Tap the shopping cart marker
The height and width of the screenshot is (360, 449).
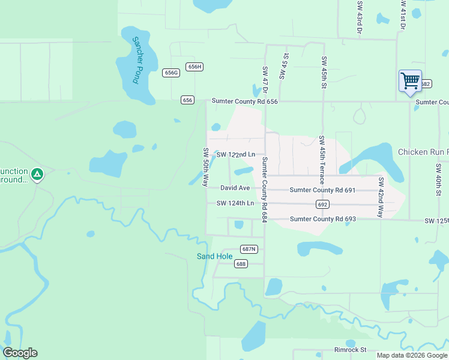[x=410, y=81]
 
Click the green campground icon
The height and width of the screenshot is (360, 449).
[x=37, y=175]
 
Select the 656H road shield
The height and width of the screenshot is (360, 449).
[x=194, y=67]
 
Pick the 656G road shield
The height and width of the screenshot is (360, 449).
[x=171, y=73]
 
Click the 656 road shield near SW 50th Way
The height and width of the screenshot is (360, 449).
[x=187, y=100]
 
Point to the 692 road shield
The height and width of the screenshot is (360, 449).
[x=322, y=204]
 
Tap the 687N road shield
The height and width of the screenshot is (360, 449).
[x=249, y=249]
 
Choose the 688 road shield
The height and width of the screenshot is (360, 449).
[x=241, y=264]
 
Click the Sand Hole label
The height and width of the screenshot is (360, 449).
[x=214, y=257]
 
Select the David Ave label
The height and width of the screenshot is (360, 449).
[x=235, y=188]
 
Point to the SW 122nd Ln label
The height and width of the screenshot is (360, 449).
[x=236, y=155]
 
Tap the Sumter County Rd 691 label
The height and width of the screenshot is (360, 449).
[x=322, y=190]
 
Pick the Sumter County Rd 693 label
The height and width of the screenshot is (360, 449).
[x=323, y=219]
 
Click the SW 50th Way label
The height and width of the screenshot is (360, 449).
[x=206, y=167]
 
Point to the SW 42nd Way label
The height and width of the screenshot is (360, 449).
[x=381, y=197]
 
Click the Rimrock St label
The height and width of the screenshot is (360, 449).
[x=350, y=350]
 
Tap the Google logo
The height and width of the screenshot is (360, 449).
[x=20, y=353]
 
